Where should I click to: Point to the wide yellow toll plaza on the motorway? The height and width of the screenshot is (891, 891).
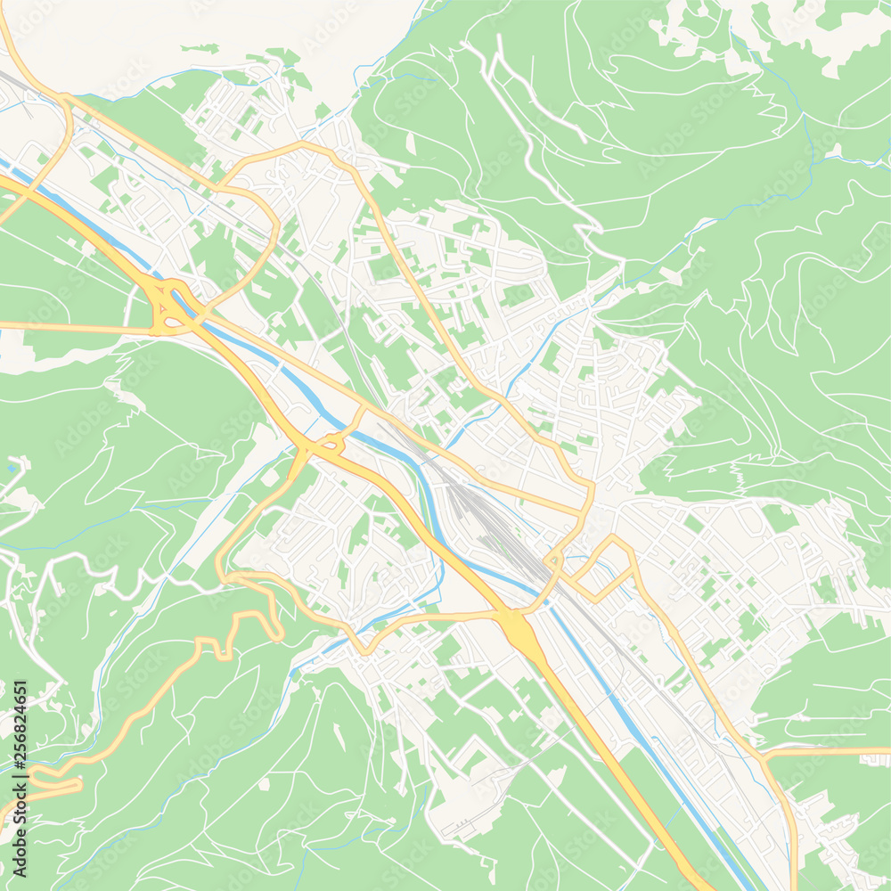(518, 629)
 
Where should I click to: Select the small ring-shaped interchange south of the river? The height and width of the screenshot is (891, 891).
(329, 443)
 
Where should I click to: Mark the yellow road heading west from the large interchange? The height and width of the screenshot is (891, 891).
(71, 326)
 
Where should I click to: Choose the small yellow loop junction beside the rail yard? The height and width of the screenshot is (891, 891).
(553, 561)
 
